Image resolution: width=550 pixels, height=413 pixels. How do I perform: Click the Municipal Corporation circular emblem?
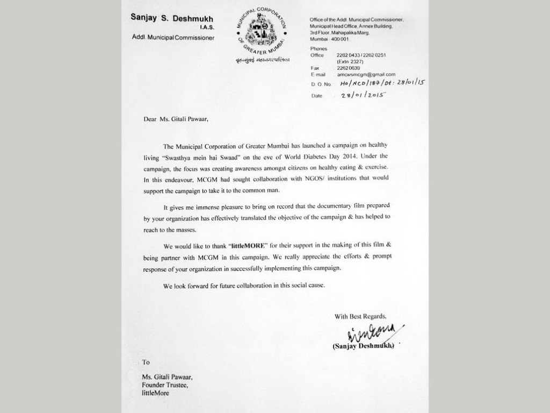(x=262, y=31)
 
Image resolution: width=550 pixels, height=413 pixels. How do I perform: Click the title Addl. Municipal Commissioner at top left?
(x=173, y=38)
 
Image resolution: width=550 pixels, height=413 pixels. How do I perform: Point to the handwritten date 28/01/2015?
(x=364, y=95)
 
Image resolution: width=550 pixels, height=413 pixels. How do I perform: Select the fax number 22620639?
(x=348, y=68)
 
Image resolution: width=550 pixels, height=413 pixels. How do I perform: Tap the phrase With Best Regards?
(x=360, y=316)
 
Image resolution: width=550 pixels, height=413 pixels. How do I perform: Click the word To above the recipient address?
(x=146, y=362)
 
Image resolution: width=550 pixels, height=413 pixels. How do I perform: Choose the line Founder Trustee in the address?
(x=165, y=384)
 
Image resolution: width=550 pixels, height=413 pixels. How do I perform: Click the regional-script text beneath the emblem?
(x=262, y=59)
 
